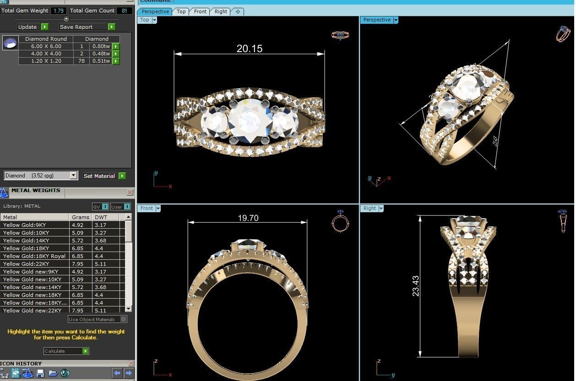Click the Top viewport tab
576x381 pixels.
[181, 11]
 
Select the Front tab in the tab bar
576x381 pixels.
[200, 11]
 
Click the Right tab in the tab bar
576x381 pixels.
[221, 11]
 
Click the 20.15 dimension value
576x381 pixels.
[250, 48]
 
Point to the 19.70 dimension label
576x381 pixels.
[248, 218]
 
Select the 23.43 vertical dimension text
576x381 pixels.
[416, 286]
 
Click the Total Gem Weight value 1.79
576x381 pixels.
[58, 11]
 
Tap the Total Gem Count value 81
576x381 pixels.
[124, 11]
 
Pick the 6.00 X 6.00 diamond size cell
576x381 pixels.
[46, 46]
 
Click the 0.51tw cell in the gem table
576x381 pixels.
[101, 61]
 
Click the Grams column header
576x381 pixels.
[80, 217]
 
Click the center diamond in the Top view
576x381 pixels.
[249, 121]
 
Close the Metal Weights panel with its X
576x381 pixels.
[130, 193]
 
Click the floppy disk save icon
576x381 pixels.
[40, 373]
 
